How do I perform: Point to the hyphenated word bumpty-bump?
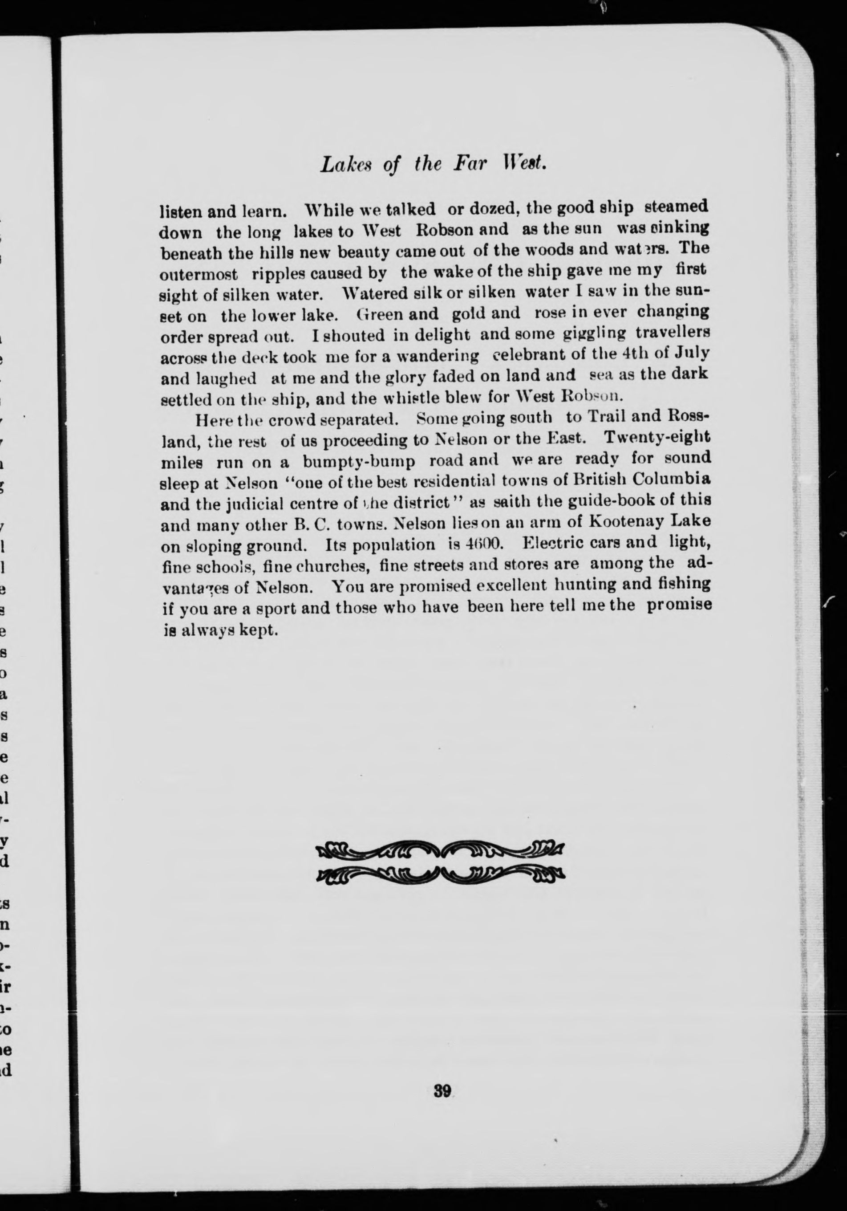tap(359, 461)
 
